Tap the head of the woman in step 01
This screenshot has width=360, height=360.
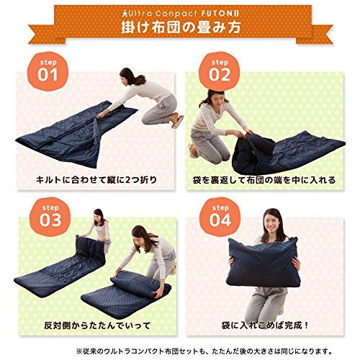127,74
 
